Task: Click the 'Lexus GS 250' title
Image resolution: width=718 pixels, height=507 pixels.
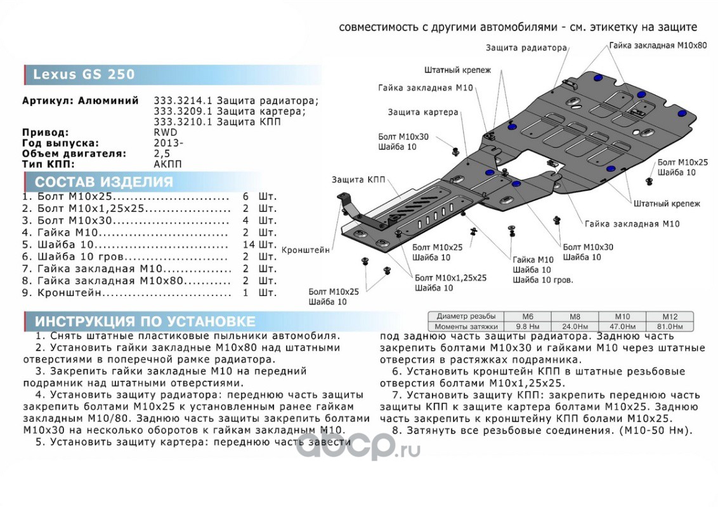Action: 84,75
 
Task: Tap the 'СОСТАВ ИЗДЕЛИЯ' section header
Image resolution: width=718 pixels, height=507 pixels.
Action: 103,182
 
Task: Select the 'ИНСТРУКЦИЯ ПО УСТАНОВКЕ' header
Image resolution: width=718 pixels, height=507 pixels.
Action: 145,321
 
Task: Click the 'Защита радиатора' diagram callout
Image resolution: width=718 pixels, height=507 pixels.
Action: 526,48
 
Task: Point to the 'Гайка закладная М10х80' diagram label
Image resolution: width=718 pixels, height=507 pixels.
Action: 657,46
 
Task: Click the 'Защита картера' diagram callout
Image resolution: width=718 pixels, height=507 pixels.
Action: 423,112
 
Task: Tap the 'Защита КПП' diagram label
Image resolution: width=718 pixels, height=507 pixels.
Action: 358,180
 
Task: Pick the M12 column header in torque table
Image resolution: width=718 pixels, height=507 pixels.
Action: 670,316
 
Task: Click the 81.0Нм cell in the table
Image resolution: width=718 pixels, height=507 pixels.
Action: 670,326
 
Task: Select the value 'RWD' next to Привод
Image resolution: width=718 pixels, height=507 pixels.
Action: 166,132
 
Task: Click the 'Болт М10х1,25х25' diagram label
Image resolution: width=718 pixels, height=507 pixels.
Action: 450,278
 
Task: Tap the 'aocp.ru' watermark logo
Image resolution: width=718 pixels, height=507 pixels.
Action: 358,448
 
